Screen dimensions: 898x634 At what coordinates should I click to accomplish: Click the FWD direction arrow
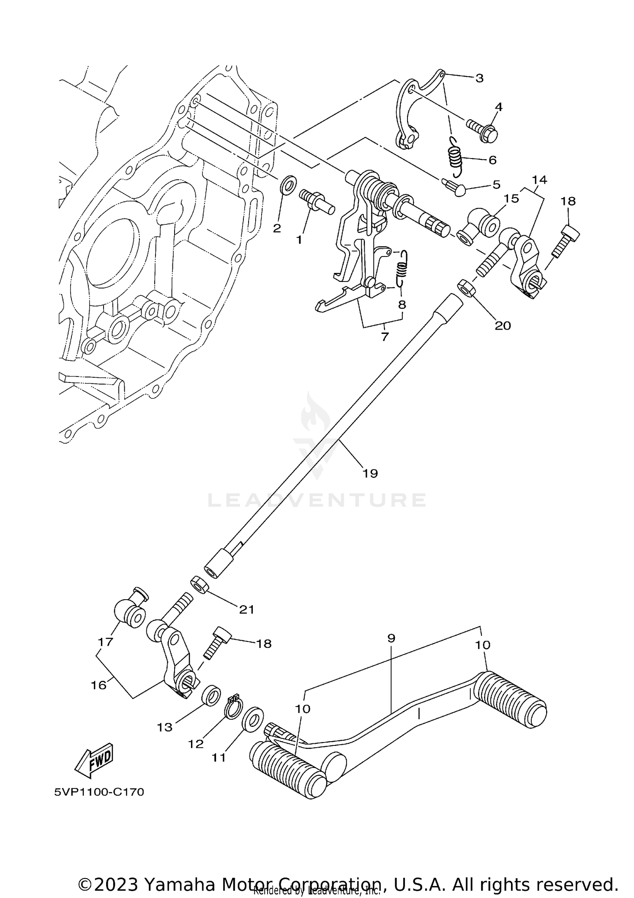click(94, 760)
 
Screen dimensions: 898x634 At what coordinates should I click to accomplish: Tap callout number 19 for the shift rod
click(370, 473)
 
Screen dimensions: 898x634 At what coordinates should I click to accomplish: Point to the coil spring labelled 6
click(455, 158)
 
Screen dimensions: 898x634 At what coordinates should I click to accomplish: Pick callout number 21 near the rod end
click(247, 609)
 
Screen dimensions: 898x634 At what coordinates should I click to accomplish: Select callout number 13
click(165, 727)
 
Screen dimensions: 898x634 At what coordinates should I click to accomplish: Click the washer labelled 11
click(253, 718)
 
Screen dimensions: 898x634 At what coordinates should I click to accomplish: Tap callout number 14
click(539, 180)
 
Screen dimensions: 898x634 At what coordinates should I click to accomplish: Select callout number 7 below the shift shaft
click(385, 337)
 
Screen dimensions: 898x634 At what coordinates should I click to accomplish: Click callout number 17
click(105, 642)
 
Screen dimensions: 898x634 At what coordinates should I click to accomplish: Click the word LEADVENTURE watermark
click(317, 500)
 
